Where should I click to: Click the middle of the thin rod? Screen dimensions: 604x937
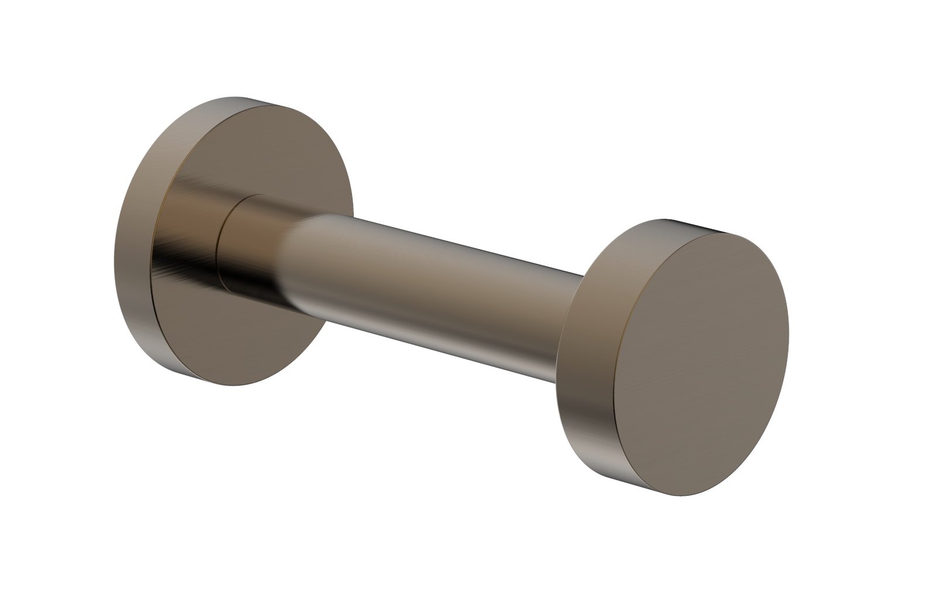pyautogui.click(x=433, y=287)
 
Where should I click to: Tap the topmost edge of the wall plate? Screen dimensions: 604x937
pyautogui.click(x=234, y=98)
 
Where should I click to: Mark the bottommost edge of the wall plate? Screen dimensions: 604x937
pyautogui.click(x=246, y=384)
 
